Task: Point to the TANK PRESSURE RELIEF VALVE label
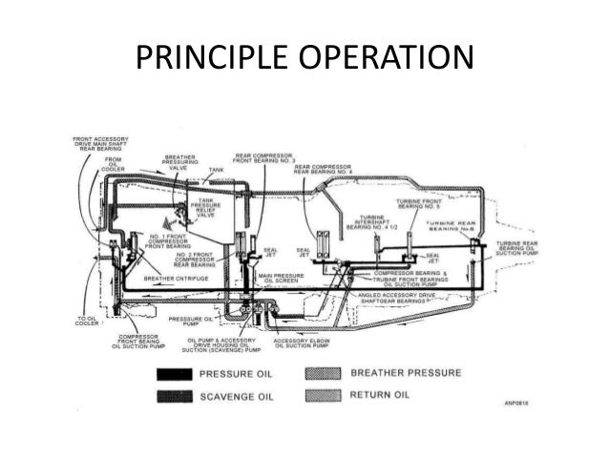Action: point(206,209)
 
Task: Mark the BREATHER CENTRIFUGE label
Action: point(178,280)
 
